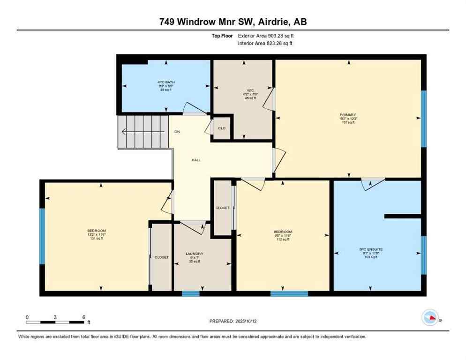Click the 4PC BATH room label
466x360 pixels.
pos(166,82)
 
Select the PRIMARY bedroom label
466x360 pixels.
pos(348,114)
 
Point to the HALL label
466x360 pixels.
pos(196,160)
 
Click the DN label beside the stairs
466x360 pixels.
pos(177,132)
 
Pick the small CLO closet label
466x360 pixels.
pos(222,127)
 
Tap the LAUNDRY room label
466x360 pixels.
pos(194,254)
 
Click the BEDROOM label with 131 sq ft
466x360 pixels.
pos(97,231)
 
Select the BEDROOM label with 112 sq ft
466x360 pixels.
pos(283,232)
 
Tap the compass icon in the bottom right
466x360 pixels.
pos(430,318)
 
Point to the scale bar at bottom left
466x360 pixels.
pos(55,322)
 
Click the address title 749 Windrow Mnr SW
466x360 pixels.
pos(233,22)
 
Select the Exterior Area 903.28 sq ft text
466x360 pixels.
pos(266,35)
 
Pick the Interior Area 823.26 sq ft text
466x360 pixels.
pos(265,43)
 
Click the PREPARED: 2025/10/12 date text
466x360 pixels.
pos(233,321)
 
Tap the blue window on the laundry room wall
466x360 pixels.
pos(190,294)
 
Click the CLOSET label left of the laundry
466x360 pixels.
pos(161,257)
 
